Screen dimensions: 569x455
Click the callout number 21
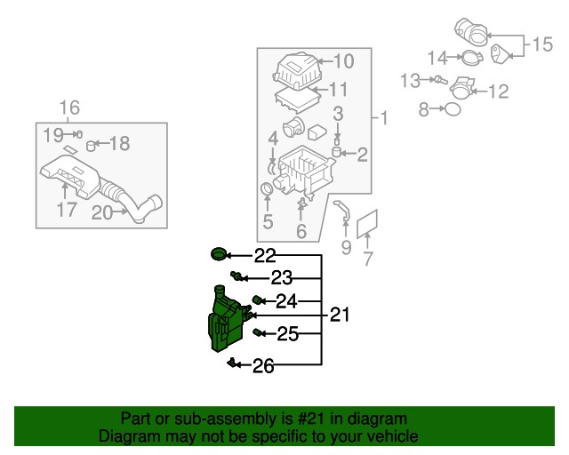pos(340,315)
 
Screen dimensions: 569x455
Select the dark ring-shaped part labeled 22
pos(219,253)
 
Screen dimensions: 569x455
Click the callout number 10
pos(343,61)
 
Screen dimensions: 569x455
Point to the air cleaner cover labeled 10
pos(297,70)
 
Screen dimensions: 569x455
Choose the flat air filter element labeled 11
pos(298,99)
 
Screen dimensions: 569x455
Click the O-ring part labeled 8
pos(453,108)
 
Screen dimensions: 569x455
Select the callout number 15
pos(542,44)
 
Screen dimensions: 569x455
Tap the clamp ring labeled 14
pos(472,58)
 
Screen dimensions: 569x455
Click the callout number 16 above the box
pos(69,108)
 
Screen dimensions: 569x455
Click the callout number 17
pos(67,210)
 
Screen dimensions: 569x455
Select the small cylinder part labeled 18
pos(91,146)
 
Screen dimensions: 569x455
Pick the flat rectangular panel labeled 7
pos(367,224)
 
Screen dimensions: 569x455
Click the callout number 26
pos(263,366)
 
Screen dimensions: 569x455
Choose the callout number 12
pos(499,92)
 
